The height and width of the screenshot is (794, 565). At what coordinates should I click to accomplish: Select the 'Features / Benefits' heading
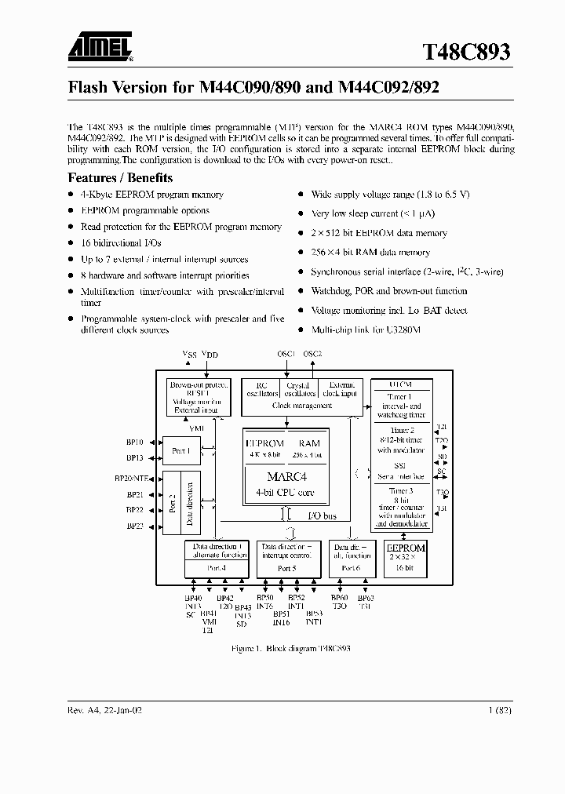coord(120,177)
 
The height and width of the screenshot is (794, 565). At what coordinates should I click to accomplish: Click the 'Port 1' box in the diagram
coord(180,451)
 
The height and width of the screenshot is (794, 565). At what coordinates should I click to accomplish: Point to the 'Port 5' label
coord(287,567)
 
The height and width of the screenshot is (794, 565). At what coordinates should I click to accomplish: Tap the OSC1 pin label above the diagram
coord(286,354)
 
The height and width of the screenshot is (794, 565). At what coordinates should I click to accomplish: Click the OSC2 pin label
coord(312,354)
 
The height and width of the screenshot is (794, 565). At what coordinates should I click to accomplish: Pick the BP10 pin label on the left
coord(134,443)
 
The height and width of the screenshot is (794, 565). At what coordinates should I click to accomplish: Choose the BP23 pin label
coord(134,526)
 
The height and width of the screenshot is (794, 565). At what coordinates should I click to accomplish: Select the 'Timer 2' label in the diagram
coord(402,431)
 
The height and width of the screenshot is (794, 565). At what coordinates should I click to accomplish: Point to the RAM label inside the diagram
coord(309,443)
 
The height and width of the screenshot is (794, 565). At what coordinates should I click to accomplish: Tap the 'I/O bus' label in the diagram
coord(322,515)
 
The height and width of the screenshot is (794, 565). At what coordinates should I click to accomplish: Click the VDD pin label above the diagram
coord(210,355)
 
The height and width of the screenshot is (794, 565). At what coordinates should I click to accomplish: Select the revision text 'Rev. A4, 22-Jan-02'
coord(105,709)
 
